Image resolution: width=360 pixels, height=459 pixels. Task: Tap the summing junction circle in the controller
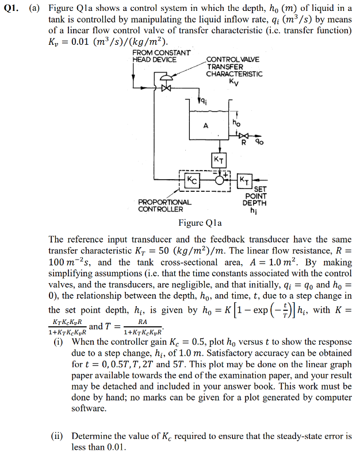[x=219, y=180]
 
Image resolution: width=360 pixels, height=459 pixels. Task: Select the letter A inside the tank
[x=205, y=125]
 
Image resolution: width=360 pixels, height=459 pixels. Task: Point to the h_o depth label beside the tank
[x=236, y=122]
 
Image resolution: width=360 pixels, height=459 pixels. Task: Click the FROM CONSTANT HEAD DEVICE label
[x=162, y=56]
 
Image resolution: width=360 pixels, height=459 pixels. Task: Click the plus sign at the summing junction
[x=227, y=173]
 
